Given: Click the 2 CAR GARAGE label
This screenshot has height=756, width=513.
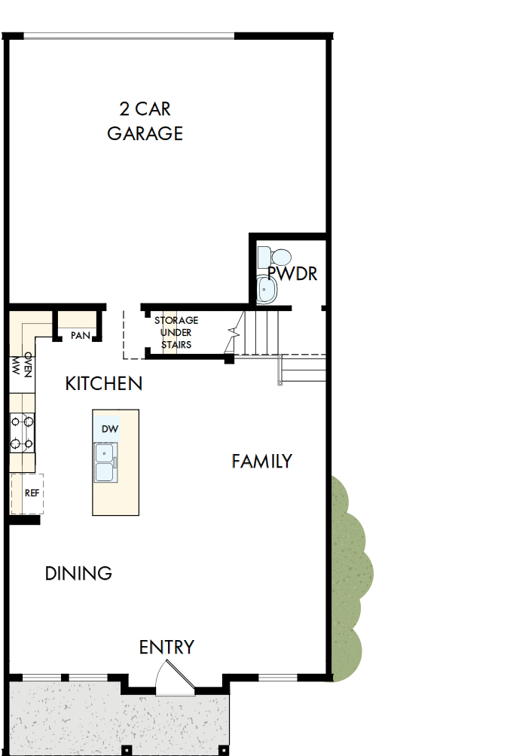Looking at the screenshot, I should pyautogui.click(x=145, y=121).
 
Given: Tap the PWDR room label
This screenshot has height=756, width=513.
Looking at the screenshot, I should pyautogui.click(x=292, y=273).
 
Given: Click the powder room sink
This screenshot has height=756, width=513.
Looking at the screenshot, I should pyautogui.click(x=267, y=289).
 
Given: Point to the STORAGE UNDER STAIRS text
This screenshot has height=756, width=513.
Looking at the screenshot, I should pyautogui.click(x=176, y=332).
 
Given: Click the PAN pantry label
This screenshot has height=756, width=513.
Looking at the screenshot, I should pyautogui.click(x=80, y=335).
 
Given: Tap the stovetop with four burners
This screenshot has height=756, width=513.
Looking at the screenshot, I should pyautogui.click(x=22, y=432).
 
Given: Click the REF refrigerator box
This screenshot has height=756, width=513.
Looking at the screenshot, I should pyautogui.click(x=29, y=494).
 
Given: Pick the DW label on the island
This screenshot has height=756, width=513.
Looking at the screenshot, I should pyautogui.click(x=110, y=428).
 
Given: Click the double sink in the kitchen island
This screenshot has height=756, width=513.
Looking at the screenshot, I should pyautogui.click(x=105, y=462).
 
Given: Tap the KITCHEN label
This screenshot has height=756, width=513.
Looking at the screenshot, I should pyautogui.click(x=104, y=383).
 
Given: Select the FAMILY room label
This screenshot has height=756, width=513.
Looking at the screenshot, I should pyautogui.click(x=261, y=462).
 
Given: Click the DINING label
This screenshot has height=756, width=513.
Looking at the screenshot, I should pyautogui.click(x=78, y=573).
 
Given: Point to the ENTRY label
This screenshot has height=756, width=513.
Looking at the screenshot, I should pyautogui.click(x=166, y=647).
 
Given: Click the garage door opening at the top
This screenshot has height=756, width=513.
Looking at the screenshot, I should pyautogui.click(x=129, y=35).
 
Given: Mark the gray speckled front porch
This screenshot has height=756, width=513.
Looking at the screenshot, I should pyautogui.click(x=113, y=719).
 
